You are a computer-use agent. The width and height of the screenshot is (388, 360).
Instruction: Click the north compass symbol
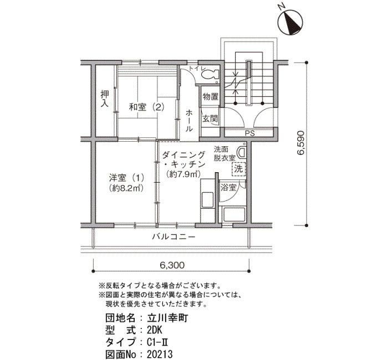[290, 22]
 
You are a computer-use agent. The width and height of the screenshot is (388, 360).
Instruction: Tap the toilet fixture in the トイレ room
[210, 74]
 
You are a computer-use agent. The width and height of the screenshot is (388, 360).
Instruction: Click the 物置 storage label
[210, 96]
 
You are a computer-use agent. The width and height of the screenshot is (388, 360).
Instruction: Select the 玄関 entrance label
[210, 119]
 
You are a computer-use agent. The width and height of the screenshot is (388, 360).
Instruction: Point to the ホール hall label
[189, 120]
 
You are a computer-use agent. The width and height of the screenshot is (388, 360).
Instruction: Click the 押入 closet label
[105, 98]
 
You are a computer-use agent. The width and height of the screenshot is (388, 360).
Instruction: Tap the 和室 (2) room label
[147, 107]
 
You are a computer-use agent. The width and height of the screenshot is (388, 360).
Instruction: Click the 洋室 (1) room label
[127, 178]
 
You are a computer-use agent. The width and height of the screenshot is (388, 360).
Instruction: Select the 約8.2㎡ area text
[126, 188]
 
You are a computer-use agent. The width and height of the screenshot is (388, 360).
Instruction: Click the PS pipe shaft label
[249, 133]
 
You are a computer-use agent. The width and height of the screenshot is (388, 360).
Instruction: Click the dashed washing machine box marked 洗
[239, 169]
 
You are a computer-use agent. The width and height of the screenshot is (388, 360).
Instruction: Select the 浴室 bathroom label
[228, 187]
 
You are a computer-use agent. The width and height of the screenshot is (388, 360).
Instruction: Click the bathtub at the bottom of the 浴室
[234, 215]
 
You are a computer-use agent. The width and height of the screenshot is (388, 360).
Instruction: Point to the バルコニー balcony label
[173, 237]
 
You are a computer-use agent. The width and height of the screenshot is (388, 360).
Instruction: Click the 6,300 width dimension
[172, 265]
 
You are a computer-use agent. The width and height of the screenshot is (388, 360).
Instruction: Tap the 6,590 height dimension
[300, 143]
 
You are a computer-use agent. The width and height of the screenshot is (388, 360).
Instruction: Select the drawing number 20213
[160, 354]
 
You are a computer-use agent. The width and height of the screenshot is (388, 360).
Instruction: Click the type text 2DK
[155, 330]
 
